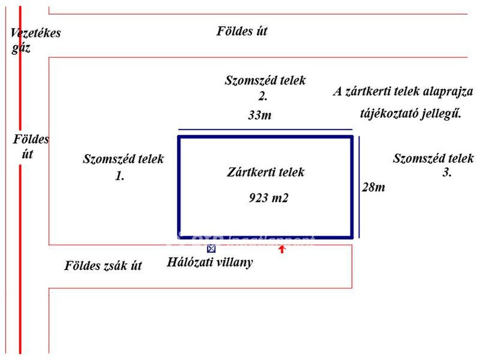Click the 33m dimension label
click(260, 115)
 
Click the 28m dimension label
click(374, 187)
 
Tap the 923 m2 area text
click(268, 198)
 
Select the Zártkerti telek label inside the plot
click(265, 172)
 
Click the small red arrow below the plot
click(282, 249)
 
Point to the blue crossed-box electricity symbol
click(211, 249)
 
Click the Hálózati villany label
click(210, 262)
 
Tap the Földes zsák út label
click(103, 266)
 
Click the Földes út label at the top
click(242, 32)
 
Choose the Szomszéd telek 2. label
click(265, 87)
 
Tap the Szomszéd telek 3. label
click(433, 165)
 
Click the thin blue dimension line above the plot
click(265, 129)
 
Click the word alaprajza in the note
click(448, 91)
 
